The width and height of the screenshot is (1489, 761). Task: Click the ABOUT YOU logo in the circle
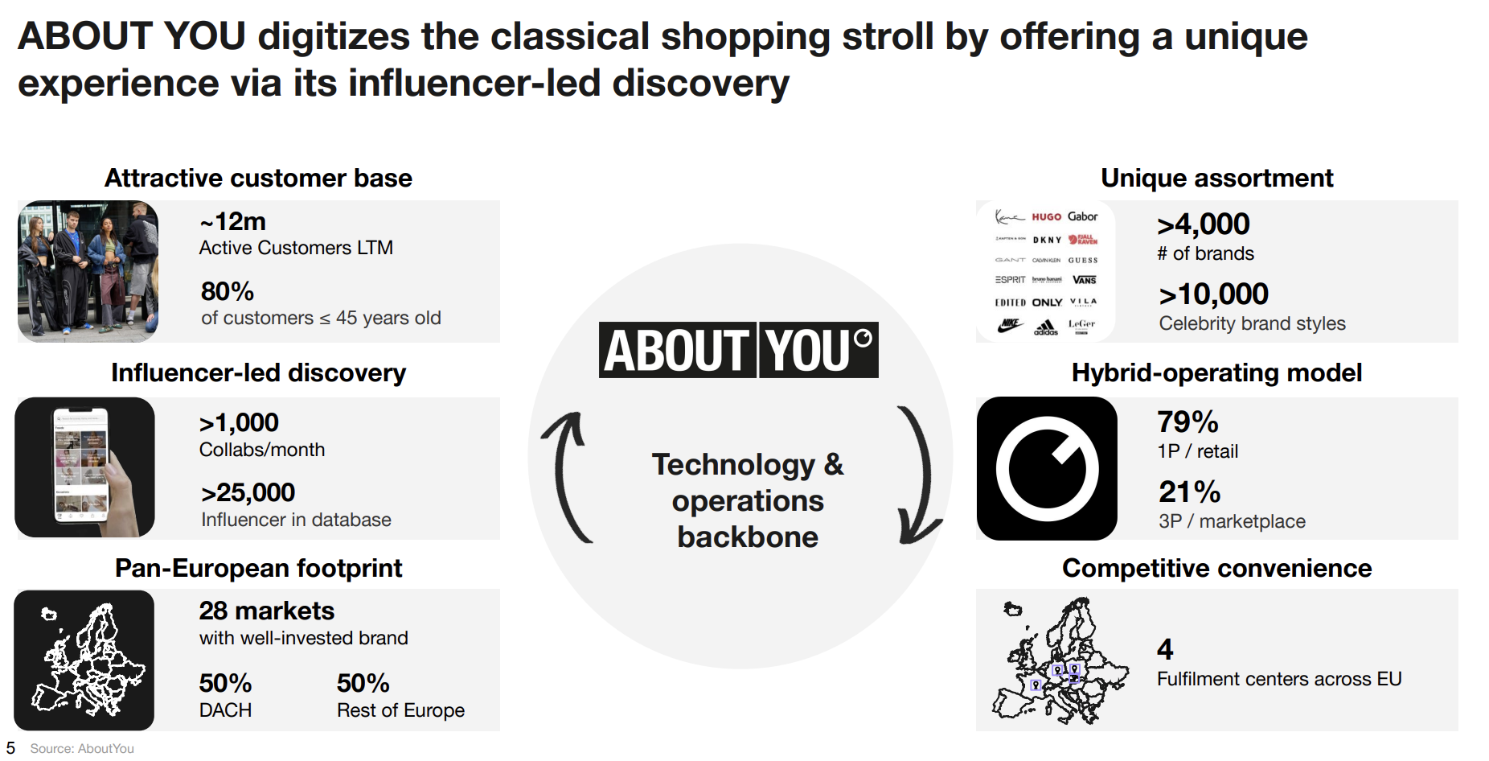click(x=738, y=350)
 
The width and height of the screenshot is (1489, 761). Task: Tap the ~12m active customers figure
click(x=232, y=221)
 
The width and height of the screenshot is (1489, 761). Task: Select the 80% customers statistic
click(x=227, y=291)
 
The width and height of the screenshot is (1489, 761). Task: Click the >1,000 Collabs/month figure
click(x=239, y=422)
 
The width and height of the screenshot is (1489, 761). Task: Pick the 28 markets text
click(x=266, y=611)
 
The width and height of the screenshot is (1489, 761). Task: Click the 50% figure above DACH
click(x=225, y=684)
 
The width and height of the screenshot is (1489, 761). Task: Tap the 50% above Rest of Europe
click(x=363, y=684)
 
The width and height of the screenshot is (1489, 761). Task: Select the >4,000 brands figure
click(x=1203, y=224)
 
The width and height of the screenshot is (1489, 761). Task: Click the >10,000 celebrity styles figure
click(x=1213, y=294)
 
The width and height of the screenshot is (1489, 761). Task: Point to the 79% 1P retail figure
click(x=1188, y=422)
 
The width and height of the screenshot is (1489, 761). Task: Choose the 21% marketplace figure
click(x=1189, y=492)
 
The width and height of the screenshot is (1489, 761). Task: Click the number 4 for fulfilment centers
click(x=1165, y=649)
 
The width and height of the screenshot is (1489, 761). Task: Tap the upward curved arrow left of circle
click(x=567, y=475)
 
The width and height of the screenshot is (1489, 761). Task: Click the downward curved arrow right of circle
click(x=918, y=475)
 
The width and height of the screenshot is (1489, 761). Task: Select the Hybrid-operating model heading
click(x=1216, y=373)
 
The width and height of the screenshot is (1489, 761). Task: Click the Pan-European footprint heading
click(x=258, y=569)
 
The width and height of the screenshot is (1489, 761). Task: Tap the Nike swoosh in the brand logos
click(x=1009, y=325)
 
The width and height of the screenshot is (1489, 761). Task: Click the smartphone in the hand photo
click(x=80, y=465)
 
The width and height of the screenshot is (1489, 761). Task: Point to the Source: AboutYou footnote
click(x=82, y=749)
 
